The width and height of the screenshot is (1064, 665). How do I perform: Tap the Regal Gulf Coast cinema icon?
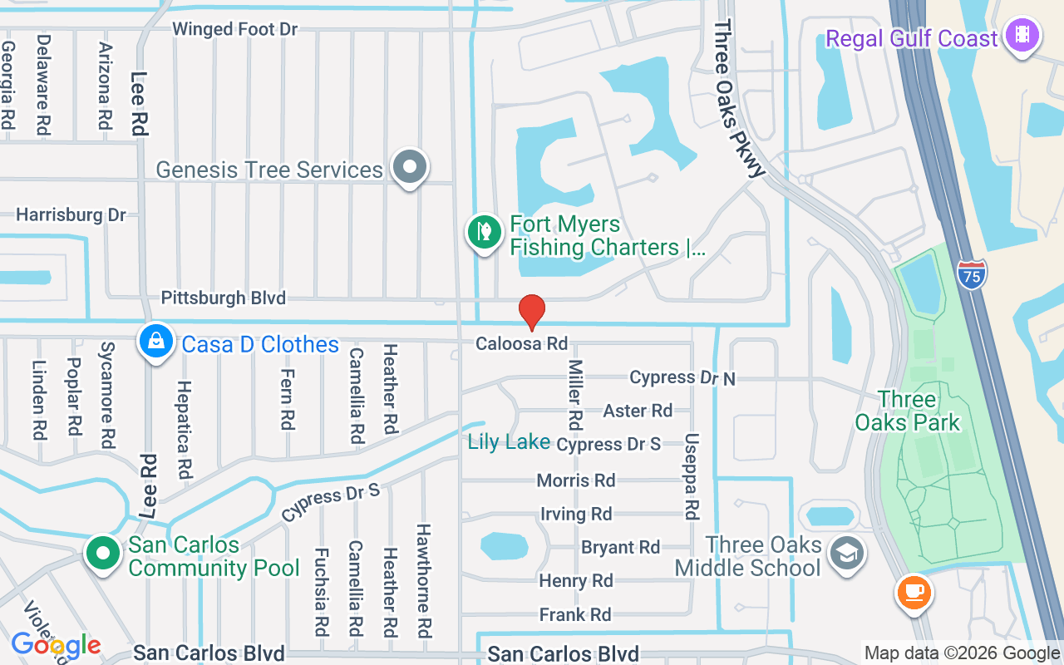pyautogui.click(x=1021, y=36)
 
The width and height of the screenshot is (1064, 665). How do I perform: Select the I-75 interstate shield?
pyautogui.click(x=971, y=274)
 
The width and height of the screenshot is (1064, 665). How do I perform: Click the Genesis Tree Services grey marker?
pyautogui.click(x=409, y=167)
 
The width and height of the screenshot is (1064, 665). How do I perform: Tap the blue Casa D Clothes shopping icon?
pyautogui.click(x=155, y=341)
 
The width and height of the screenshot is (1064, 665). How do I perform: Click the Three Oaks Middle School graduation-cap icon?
pyautogui.click(x=847, y=553)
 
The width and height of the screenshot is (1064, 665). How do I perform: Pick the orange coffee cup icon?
pyautogui.click(x=914, y=593)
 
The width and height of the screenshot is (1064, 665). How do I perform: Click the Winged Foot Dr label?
pyautogui.click(x=234, y=29)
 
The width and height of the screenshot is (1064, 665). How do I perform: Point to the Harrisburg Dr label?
pyautogui.click(x=71, y=215)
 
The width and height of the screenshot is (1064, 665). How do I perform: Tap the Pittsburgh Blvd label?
pyautogui.click(x=223, y=298)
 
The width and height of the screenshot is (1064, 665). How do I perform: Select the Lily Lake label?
pyautogui.click(x=509, y=441)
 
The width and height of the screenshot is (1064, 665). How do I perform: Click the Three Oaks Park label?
pyautogui.click(x=907, y=411)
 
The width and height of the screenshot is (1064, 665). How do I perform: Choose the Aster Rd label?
pyautogui.click(x=638, y=411)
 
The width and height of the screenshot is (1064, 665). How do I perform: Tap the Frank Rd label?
pyautogui.click(x=575, y=615)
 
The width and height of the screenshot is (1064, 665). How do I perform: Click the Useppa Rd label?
pyautogui.click(x=692, y=476)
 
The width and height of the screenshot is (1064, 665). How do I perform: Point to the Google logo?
pyautogui.click(x=56, y=644)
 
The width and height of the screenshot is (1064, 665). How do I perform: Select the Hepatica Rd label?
pyautogui.click(x=184, y=429)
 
